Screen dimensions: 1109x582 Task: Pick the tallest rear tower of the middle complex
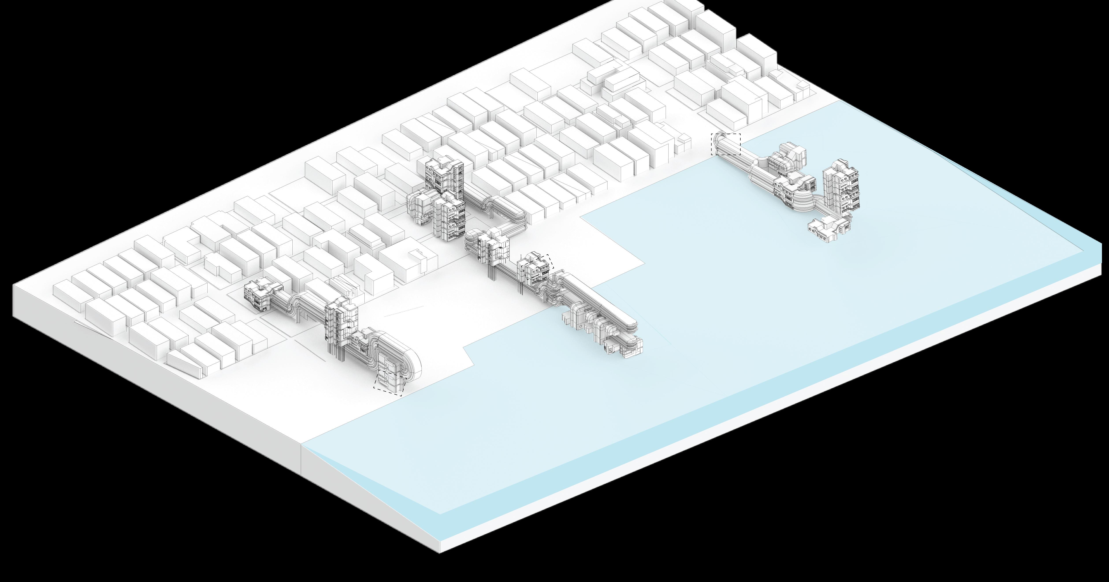click(x=443, y=172)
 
